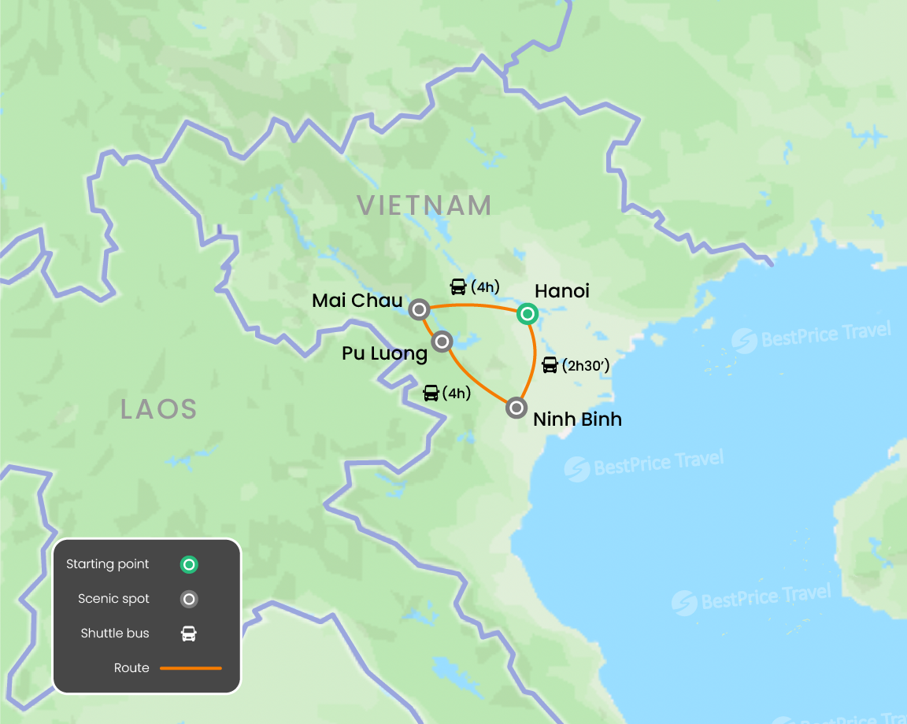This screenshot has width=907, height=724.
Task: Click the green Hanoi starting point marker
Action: pyautogui.click(x=527, y=315)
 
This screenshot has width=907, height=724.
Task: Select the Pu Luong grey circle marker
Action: pyautogui.click(x=442, y=342)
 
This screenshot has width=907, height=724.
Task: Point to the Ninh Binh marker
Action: pyautogui.click(x=516, y=408)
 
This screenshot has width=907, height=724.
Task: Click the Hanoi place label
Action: pyautogui.click(x=561, y=291)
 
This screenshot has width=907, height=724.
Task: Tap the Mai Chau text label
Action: pyautogui.click(x=357, y=301)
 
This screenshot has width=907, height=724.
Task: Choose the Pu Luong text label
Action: pyautogui.click(x=384, y=354)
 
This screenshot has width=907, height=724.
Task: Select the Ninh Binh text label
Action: pyautogui.click(x=577, y=419)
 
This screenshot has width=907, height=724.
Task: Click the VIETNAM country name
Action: pyautogui.click(x=424, y=205)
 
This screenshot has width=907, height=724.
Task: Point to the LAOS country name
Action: pyautogui.click(x=158, y=409)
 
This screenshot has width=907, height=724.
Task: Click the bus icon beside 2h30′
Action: pyautogui.click(x=550, y=365)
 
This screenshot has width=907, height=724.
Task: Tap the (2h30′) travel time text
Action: pyautogui.click(x=587, y=365)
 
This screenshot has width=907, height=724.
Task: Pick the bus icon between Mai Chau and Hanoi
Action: pyautogui.click(x=458, y=286)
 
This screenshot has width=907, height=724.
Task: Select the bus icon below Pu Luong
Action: pyautogui.click(x=431, y=393)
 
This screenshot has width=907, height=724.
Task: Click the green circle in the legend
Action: pyautogui.click(x=189, y=564)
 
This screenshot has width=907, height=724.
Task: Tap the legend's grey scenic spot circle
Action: pyautogui.click(x=189, y=600)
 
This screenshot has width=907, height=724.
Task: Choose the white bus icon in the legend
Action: pyautogui.click(x=189, y=633)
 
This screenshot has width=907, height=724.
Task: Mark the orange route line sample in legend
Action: pyautogui.click(x=191, y=668)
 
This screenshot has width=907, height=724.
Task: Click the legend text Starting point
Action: pyautogui.click(x=108, y=564)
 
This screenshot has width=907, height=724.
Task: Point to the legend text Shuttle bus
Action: pyautogui.click(x=115, y=633)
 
